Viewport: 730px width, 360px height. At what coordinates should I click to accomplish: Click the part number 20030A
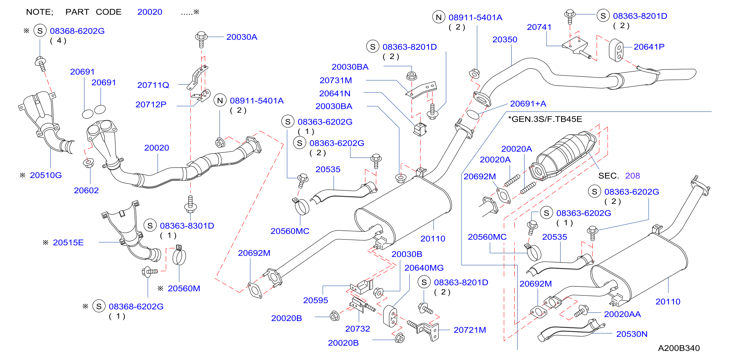(x=242, y=37)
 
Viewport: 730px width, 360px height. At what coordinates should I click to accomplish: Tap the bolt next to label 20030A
(x=201, y=39)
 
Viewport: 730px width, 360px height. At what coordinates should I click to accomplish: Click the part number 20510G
(x=46, y=175)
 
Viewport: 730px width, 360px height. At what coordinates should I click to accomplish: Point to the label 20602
(x=86, y=190)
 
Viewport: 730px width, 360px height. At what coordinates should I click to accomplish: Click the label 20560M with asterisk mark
(x=184, y=288)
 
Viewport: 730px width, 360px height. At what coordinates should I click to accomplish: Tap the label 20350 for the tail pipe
(x=505, y=39)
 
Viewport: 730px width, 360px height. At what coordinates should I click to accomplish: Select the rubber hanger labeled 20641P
(x=616, y=50)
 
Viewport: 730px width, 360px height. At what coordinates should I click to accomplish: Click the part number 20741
(x=539, y=27)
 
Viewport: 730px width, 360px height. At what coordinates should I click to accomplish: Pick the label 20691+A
(x=528, y=104)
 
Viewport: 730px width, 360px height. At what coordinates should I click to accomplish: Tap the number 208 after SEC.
(x=632, y=176)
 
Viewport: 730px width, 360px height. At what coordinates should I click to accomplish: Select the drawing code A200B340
(x=679, y=348)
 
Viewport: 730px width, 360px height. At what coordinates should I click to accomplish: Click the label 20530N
(x=632, y=334)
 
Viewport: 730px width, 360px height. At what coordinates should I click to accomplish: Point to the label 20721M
(x=470, y=330)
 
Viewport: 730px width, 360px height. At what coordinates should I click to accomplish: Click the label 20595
(x=316, y=300)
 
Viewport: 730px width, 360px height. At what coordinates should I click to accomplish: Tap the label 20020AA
(x=622, y=314)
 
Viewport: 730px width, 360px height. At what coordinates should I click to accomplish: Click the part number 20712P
(x=151, y=105)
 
